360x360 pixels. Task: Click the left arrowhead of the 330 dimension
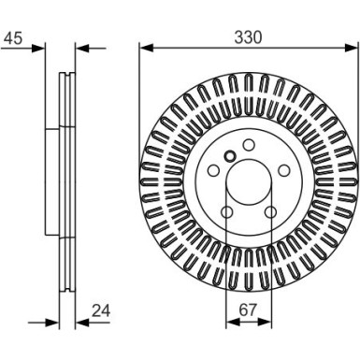[x=144, y=46]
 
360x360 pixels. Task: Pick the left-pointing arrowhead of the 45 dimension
[x=82, y=46]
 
